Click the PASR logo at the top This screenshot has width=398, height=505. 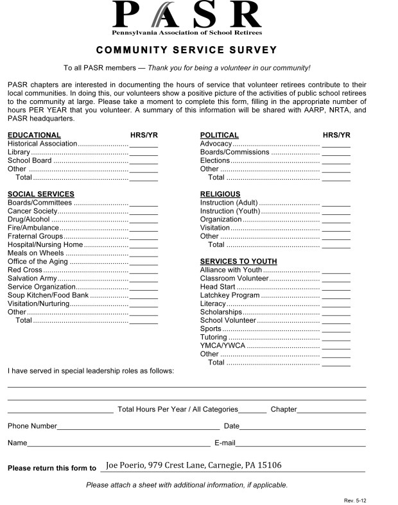[x=187, y=17]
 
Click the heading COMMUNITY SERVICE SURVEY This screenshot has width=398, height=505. [x=187, y=50]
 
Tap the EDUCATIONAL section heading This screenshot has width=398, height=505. [x=34, y=135]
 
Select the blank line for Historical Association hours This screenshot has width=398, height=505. [x=143, y=146]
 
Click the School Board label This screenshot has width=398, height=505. [x=30, y=160]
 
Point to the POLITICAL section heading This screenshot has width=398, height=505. [x=219, y=135]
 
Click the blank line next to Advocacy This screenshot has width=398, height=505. [x=336, y=146]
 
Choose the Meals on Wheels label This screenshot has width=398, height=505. [x=36, y=253]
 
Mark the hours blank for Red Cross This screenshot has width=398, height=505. [x=143, y=271]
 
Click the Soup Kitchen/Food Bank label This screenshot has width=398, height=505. [x=48, y=295]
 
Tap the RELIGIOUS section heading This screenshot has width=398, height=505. [x=220, y=194]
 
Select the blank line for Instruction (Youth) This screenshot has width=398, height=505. [x=336, y=212]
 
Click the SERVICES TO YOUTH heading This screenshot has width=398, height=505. [x=238, y=261]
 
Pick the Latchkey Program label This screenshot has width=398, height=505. [x=230, y=295]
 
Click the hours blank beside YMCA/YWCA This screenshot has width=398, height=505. [x=336, y=347]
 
